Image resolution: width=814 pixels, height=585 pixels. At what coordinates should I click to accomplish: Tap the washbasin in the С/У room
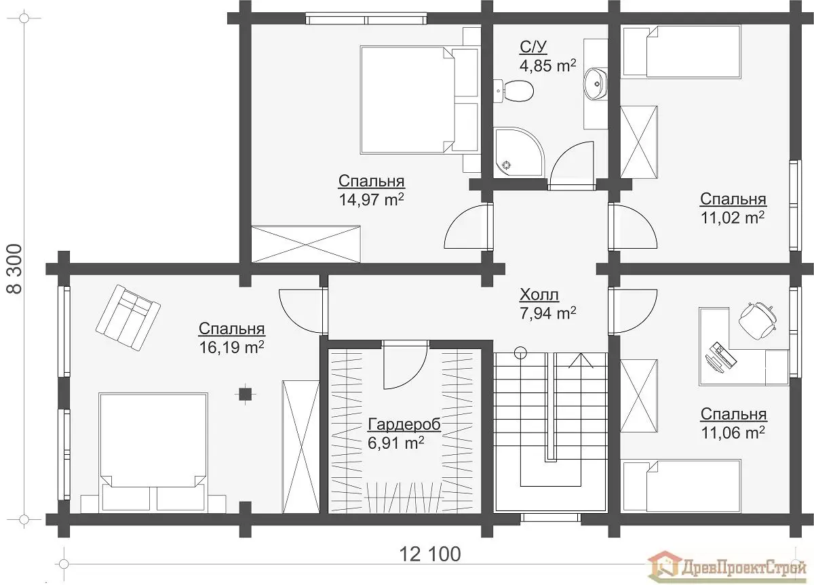click(596, 83)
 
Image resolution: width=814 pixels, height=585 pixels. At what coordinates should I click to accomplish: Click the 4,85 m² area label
click(547, 66)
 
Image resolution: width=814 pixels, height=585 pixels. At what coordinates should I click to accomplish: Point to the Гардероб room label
click(404, 424)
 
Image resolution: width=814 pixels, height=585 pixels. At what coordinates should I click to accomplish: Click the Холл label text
click(539, 296)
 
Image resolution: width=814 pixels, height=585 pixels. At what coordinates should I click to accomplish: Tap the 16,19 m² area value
click(231, 347)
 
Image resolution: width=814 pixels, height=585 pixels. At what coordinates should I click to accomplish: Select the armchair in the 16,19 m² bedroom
click(128, 317)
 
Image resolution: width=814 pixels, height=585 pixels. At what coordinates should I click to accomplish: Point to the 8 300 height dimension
click(14, 268)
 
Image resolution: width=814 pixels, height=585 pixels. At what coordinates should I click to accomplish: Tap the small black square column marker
click(246, 394)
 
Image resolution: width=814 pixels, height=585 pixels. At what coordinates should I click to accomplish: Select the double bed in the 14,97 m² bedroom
click(419, 99)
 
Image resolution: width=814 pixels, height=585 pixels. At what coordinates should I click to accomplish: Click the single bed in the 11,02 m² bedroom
click(682, 52)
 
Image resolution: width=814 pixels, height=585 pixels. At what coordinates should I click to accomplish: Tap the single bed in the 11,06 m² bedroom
click(682, 486)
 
